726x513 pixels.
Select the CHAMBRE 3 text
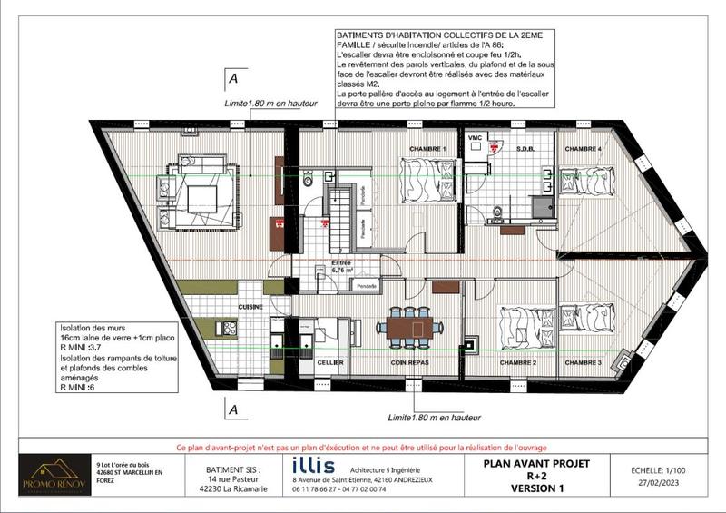pos(583,363)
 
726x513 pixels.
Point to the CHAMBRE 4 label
pos(583,149)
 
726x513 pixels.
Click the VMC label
pos(474,136)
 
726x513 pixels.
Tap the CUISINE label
pos(250,308)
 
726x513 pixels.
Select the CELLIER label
pos(329,363)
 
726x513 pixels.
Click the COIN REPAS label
pos(409,363)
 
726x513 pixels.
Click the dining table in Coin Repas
pos(409,328)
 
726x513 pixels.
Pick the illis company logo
pos(307,464)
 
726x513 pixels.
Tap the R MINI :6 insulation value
pos(77,386)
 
